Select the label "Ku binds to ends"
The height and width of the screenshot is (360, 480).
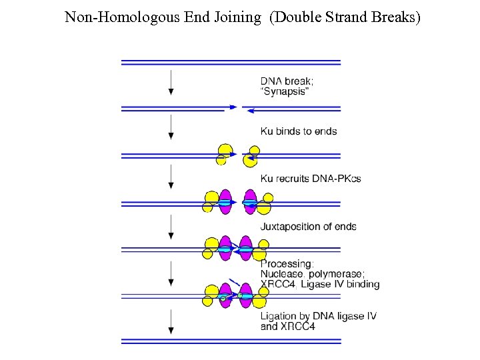click(x=298, y=131)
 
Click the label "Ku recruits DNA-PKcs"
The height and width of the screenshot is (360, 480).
click(x=310, y=179)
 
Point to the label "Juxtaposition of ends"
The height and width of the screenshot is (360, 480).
click(x=308, y=227)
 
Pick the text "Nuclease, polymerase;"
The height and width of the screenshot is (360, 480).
click(x=312, y=274)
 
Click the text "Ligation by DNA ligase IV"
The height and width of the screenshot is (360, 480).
click(x=318, y=316)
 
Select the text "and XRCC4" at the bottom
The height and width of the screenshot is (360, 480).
click(x=287, y=327)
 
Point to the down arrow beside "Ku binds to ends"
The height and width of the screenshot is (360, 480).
click(x=171, y=127)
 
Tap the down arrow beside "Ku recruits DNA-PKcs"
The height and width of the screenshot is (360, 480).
click(x=171, y=177)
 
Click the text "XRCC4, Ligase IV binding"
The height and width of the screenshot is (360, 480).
click(x=319, y=285)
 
